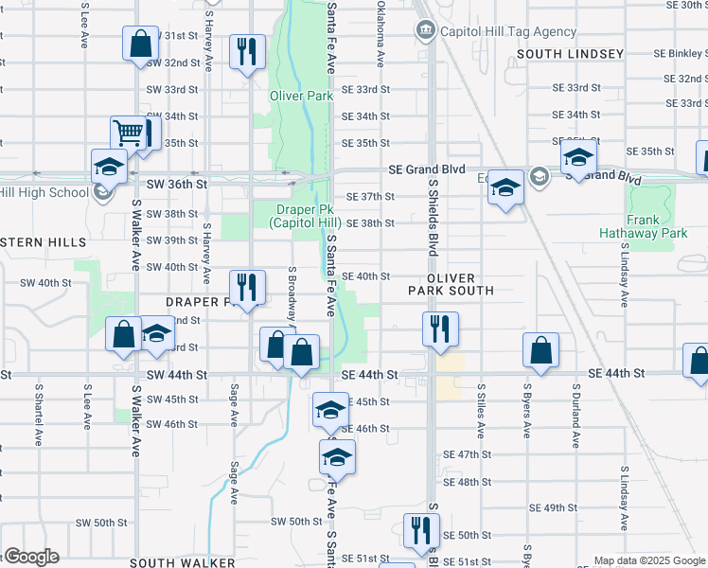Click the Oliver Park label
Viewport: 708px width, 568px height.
[x=301, y=96]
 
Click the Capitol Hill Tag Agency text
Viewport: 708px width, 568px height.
[x=508, y=31]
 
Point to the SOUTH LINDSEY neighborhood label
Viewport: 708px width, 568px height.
[x=570, y=54]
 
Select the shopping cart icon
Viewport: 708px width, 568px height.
[x=130, y=133]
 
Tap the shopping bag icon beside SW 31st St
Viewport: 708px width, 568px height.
[x=140, y=43]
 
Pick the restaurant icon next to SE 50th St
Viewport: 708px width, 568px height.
[x=421, y=530]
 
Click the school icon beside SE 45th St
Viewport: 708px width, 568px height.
[x=330, y=410]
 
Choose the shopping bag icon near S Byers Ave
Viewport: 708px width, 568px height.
[x=540, y=350]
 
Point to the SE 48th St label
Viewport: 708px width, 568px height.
[x=463, y=482]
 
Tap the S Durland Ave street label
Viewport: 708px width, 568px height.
[x=575, y=414]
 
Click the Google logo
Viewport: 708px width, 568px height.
[x=31, y=557]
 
